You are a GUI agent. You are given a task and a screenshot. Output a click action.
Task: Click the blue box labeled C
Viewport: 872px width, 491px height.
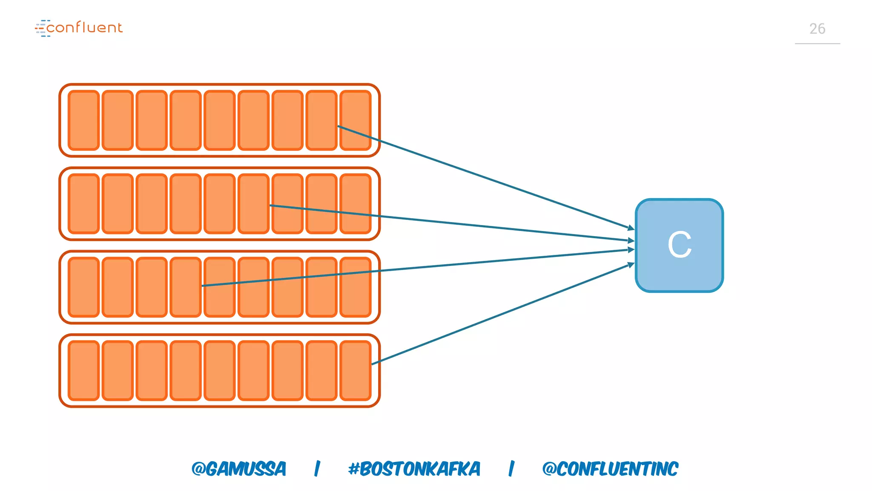(x=679, y=245)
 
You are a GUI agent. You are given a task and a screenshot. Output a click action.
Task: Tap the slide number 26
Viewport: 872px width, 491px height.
(x=817, y=29)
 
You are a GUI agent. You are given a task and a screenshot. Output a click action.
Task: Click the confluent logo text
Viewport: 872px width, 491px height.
(x=84, y=28)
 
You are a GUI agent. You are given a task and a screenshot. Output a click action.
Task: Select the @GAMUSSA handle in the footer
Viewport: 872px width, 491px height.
(x=238, y=469)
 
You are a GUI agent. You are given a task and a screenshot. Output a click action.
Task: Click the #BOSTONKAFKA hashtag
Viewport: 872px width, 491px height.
(x=414, y=469)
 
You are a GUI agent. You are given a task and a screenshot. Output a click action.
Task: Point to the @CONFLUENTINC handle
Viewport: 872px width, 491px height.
(x=610, y=469)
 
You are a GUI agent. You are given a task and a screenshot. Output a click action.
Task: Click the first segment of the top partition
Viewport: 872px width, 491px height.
(x=84, y=120)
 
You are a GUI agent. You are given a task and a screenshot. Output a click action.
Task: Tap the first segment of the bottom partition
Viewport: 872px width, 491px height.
(x=84, y=370)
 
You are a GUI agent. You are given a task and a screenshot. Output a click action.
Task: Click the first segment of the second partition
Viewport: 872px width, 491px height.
(x=84, y=204)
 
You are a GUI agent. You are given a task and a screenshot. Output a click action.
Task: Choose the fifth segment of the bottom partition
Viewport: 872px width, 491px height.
(x=220, y=370)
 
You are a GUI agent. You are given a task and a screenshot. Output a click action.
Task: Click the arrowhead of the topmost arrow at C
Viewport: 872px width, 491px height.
(x=631, y=228)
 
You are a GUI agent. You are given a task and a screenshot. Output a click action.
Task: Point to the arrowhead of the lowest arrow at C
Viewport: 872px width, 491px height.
(x=631, y=265)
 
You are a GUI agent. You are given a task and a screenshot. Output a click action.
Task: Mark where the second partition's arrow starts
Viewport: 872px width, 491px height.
(x=271, y=205)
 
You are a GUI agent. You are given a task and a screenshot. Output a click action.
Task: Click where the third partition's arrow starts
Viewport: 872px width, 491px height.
(x=203, y=286)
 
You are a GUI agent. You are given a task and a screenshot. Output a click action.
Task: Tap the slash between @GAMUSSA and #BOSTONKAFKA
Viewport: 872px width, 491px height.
(x=317, y=469)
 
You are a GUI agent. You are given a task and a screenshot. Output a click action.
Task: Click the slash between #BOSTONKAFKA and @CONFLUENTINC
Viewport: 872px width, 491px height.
(x=511, y=469)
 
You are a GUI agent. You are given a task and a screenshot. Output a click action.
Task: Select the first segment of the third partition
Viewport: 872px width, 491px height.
(x=84, y=287)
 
